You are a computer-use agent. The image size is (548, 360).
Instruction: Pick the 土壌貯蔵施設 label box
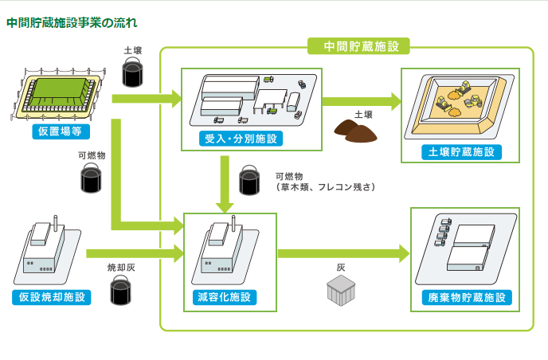click(x=460, y=151)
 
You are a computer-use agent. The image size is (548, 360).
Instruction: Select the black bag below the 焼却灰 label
click(x=121, y=292)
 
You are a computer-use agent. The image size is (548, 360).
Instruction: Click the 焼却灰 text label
click(x=121, y=268)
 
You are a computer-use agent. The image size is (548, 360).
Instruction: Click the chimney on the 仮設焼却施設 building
click(x=56, y=221)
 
